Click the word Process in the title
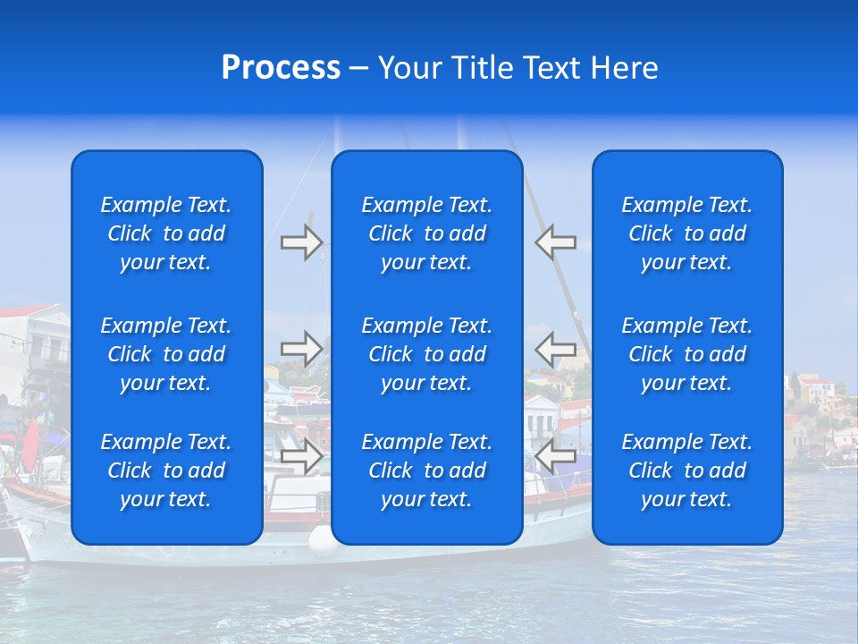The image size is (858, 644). [x=281, y=68]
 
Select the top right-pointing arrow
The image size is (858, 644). [x=302, y=242]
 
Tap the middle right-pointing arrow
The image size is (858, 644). [x=302, y=349]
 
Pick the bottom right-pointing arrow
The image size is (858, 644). [x=302, y=456]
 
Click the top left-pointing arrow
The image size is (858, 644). [x=555, y=242]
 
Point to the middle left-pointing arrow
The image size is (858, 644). [x=555, y=349]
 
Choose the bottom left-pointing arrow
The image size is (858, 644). [x=555, y=456]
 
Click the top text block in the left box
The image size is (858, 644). [x=166, y=233]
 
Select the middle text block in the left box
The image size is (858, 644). [x=166, y=354]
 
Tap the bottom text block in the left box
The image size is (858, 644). [x=166, y=470]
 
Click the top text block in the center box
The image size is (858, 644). [x=427, y=233]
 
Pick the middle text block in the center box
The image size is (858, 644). [x=427, y=354]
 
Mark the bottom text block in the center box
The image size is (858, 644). [x=427, y=470]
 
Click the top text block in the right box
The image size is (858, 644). [x=687, y=233]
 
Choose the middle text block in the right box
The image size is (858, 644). [x=687, y=354]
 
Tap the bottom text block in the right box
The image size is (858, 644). [x=687, y=470]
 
